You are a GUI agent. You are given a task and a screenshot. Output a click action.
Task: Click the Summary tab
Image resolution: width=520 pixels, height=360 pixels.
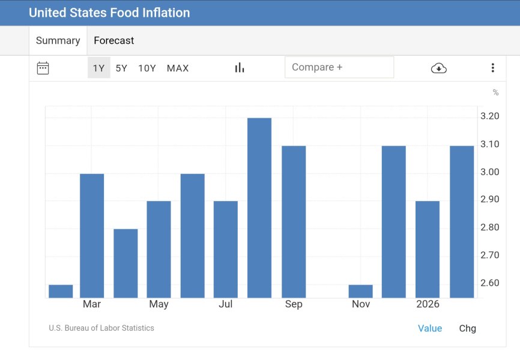[x=58, y=41]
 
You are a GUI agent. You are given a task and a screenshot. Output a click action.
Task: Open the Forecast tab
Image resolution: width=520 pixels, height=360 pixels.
[x=113, y=41]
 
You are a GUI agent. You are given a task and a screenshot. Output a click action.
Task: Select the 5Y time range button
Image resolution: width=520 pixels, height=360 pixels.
[x=121, y=68]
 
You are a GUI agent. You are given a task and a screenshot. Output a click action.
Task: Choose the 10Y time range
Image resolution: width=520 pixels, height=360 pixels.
[x=147, y=68]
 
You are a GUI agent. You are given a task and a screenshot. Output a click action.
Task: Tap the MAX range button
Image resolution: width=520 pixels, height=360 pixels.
[x=178, y=68]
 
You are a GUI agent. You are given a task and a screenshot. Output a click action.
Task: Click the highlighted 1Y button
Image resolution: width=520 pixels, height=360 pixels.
[x=99, y=68]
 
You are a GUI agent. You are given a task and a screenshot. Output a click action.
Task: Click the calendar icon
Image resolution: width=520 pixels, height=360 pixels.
[x=43, y=68]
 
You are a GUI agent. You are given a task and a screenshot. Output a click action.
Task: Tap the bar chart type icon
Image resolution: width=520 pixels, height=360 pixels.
[x=240, y=68]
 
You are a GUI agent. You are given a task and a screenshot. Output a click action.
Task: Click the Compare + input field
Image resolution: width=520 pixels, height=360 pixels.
[x=339, y=67]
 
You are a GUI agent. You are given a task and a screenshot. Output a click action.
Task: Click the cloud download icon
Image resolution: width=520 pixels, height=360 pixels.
[x=439, y=68]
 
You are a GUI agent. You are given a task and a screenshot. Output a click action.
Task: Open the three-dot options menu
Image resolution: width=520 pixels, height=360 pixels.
[x=492, y=68]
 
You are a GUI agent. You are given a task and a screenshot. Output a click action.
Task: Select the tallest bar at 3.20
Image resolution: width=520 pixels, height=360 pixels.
[x=259, y=208]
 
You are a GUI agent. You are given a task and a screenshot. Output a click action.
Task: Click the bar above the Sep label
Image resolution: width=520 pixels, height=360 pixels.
[x=294, y=221]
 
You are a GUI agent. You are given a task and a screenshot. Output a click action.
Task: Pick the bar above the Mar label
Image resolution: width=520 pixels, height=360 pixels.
[x=92, y=235]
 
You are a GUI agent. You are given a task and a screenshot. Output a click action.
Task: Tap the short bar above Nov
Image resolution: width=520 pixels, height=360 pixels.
[x=361, y=291]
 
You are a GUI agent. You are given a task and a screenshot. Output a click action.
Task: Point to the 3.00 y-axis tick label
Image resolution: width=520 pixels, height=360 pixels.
[x=490, y=172]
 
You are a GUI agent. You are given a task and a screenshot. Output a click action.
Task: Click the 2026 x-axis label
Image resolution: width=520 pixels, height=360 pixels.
[x=428, y=304]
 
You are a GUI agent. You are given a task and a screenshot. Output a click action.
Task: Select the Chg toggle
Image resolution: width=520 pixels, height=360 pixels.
[x=467, y=328]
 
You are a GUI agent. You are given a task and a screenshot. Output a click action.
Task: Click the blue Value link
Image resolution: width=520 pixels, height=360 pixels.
[x=430, y=328]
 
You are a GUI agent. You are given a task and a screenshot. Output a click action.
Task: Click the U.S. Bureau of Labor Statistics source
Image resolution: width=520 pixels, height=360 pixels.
[x=101, y=328]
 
